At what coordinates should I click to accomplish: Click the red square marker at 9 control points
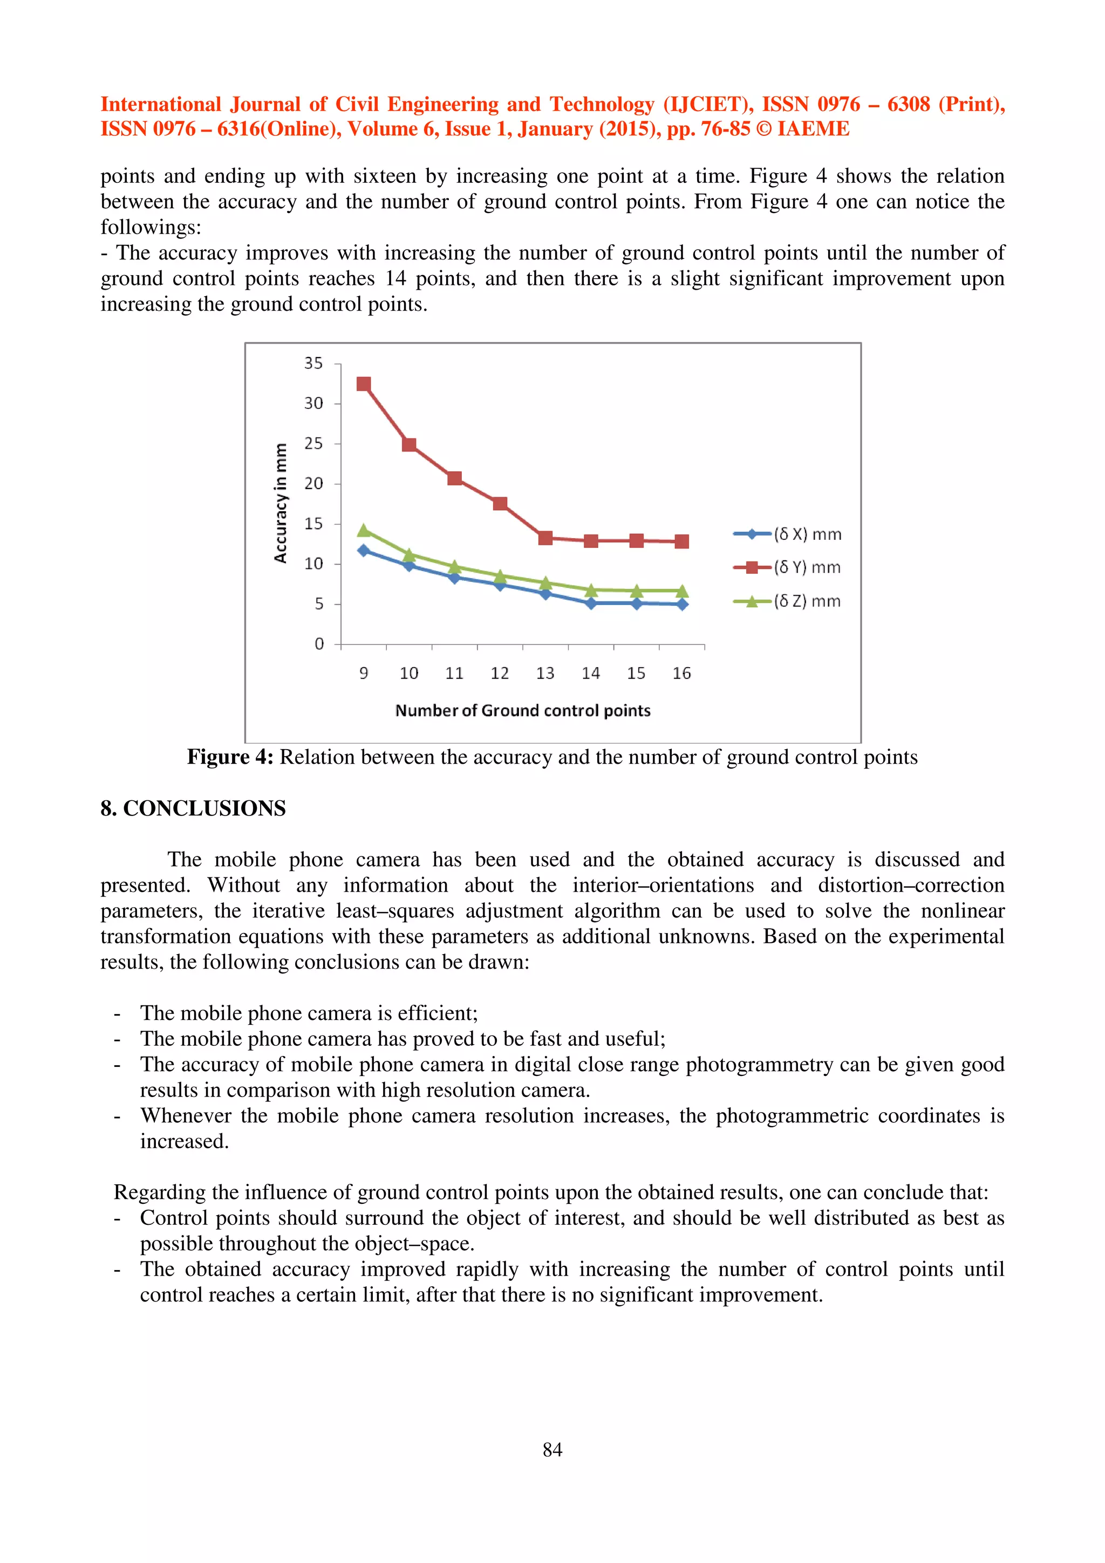364,384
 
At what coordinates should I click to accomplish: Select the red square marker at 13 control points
545,538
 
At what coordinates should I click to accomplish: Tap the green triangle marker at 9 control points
364,530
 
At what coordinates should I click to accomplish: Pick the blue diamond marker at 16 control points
681,604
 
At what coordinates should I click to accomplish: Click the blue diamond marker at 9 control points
364,550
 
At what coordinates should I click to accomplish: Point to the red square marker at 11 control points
455,478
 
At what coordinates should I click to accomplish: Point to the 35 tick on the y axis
313,364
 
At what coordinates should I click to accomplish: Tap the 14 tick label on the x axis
590,673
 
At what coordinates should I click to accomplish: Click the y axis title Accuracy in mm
280,503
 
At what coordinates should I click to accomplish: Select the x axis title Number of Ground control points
522,711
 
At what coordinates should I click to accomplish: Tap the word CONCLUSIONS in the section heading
204,808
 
